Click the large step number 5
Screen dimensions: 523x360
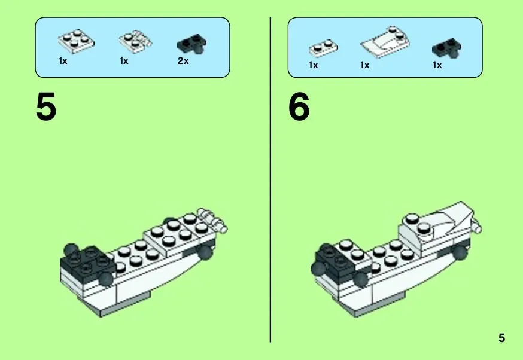click(x=46, y=106)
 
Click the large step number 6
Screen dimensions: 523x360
click(x=299, y=106)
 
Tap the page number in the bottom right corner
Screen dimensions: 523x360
click(x=501, y=338)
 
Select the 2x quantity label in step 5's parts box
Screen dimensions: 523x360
click(x=183, y=60)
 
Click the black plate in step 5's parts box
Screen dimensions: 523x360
click(x=192, y=45)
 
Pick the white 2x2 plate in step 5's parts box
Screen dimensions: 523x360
click(x=76, y=41)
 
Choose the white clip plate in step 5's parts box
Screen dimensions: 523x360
click(x=135, y=42)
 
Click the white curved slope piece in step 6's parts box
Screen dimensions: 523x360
click(x=385, y=42)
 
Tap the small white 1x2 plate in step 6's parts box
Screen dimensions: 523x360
click(x=323, y=48)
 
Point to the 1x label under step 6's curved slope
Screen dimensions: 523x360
click(x=364, y=65)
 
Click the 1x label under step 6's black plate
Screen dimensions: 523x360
click(x=437, y=65)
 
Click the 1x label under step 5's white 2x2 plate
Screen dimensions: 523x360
click(x=63, y=61)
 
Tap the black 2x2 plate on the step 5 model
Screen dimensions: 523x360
click(x=87, y=262)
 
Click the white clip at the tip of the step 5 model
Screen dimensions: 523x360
click(x=212, y=219)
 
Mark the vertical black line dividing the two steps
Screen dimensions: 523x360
click(x=270, y=179)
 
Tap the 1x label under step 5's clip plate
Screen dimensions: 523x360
click(x=124, y=61)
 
